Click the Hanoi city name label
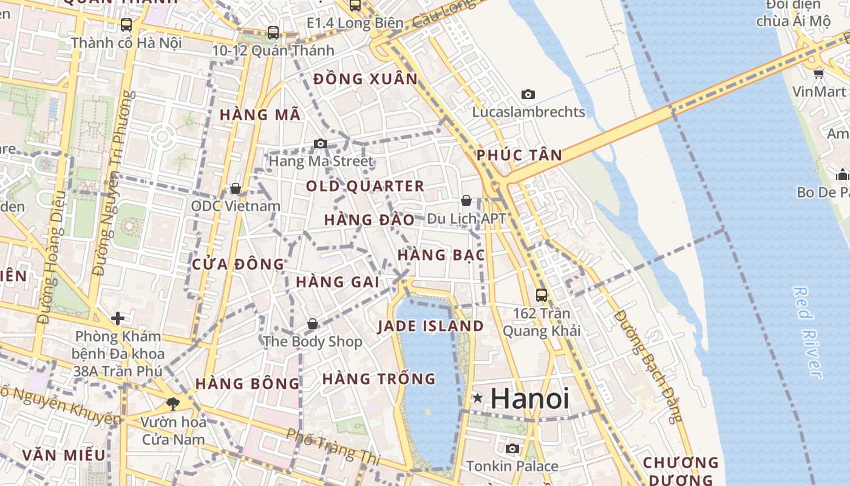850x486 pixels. coord(529,399)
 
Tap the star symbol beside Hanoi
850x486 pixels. coord(478,399)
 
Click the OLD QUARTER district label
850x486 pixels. coord(365,187)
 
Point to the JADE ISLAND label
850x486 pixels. coord(430,326)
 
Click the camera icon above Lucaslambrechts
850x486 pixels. coord(528,94)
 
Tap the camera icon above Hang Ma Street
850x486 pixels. coord(321,144)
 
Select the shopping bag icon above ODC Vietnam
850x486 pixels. coord(236,188)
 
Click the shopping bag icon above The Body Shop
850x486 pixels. coord(313,324)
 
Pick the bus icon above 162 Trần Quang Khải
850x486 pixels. coord(542,295)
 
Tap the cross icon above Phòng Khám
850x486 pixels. coord(118,318)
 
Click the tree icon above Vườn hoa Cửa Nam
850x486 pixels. coord(173,403)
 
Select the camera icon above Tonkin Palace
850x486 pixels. coord(512,448)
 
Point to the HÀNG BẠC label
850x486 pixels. coord(441,255)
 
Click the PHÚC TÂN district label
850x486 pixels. coord(519,155)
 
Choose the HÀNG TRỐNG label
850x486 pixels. coord(379,379)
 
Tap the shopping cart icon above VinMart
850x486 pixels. coord(818,74)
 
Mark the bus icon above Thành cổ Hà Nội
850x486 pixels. coord(126,25)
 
